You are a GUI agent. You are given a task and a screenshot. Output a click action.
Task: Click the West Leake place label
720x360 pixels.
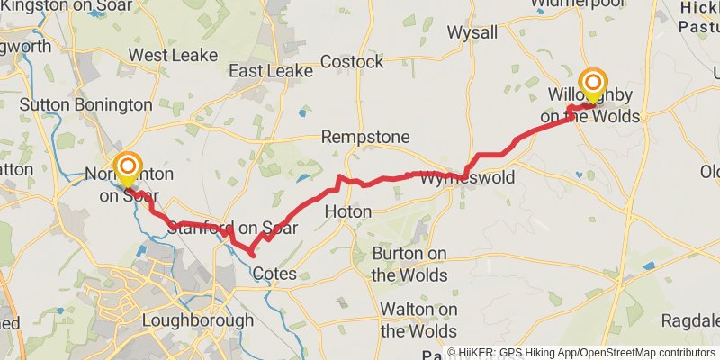(x=174, y=55)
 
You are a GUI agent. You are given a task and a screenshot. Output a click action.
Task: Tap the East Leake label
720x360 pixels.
(x=270, y=70)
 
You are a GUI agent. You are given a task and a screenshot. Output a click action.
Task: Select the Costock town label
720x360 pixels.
(x=354, y=62)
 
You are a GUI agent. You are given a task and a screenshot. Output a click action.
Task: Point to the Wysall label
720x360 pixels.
(x=472, y=33)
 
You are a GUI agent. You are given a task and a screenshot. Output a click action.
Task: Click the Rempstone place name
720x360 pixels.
(x=365, y=138)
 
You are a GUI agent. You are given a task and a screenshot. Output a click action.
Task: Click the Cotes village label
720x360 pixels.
(x=275, y=273)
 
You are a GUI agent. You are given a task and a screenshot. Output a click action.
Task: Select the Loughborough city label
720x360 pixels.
(x=198, y=320)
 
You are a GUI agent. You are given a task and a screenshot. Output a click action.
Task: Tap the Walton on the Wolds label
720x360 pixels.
(x=418, y=319)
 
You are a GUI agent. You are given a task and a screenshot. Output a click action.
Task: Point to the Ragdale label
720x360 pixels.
(x=690, y=320)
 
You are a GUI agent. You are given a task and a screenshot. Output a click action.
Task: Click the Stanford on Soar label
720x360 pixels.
(x=232, y=229)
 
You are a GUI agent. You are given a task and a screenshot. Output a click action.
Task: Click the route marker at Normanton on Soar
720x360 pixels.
(x=127, y=166)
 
